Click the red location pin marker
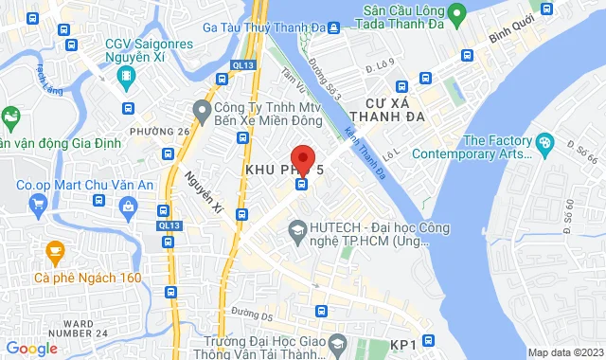302,158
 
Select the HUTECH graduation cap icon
297,229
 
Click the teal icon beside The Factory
544,143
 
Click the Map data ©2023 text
565,352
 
